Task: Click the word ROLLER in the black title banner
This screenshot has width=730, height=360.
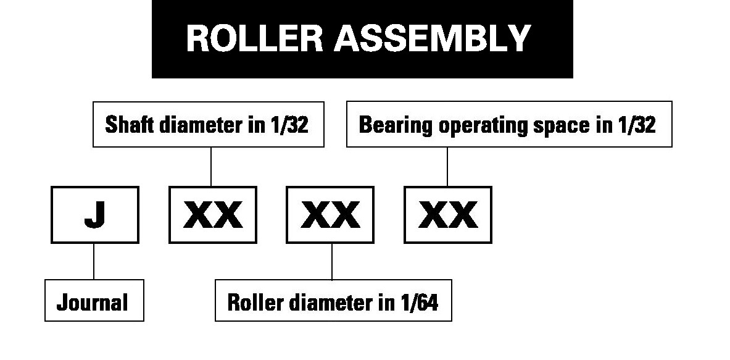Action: coord(254,38)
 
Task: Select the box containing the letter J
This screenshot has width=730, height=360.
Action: coord(94,214)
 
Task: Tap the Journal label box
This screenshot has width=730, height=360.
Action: coord(94,301)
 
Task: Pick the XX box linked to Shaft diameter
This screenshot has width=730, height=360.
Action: coord(213,214)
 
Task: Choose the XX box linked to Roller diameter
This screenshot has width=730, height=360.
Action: coord(330,214)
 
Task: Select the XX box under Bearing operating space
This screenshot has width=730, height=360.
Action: coord(448,214)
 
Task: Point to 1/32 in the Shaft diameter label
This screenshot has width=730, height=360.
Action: coord(288,125)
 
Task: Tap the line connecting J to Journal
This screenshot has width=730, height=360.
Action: coord(94,261)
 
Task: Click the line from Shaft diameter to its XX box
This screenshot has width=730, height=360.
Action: coord(211,167)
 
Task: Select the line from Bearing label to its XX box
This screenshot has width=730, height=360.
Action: coord(447,167)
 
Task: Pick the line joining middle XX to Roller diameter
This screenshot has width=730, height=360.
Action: coord(332,261)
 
